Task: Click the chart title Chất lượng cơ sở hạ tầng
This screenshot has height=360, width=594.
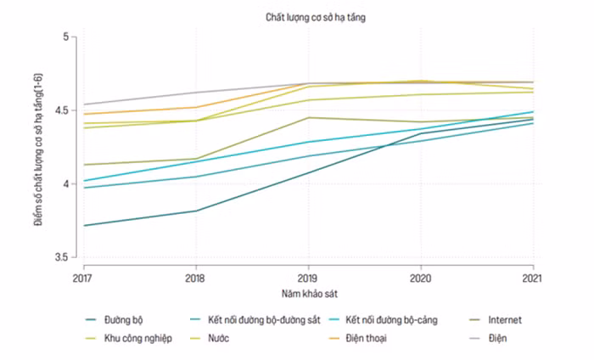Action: [x=315, y=18]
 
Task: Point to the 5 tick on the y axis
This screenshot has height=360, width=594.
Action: [x=66, y=37]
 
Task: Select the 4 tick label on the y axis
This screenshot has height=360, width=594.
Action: [x=66, y=183]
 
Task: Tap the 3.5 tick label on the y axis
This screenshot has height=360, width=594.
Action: [x=61, y=257]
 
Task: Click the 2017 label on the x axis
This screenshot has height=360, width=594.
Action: [x=82, y=278]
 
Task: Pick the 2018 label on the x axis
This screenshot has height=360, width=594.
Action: [x=195, y=278]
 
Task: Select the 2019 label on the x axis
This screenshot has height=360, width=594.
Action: [x=307, y=278]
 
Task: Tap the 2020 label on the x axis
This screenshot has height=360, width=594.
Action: [x=421, y=278]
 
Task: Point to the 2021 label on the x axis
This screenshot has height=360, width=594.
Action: [x=532, y=278]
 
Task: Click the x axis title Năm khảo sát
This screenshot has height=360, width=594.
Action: [x=309, y=294]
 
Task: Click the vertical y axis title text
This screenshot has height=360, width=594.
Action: [x=38, y=149]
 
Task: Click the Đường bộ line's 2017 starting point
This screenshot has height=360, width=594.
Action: [x=84, y=226]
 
